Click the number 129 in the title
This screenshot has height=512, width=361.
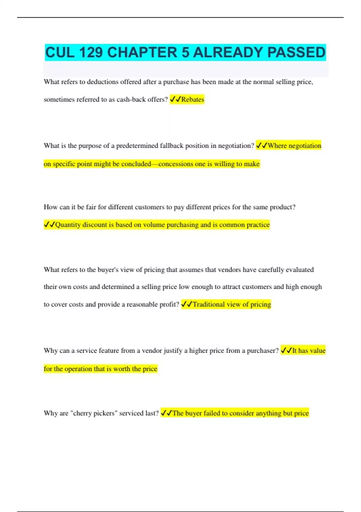coord(90,52)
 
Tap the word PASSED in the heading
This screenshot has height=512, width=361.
coord(296,52)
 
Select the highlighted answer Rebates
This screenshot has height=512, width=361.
coord(193,99)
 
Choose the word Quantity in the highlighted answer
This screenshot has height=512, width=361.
coord(68,225)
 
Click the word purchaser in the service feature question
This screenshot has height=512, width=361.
coord(261,351)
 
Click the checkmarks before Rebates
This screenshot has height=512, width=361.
coord(175,99)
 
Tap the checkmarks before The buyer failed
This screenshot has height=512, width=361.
coord(166,413)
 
